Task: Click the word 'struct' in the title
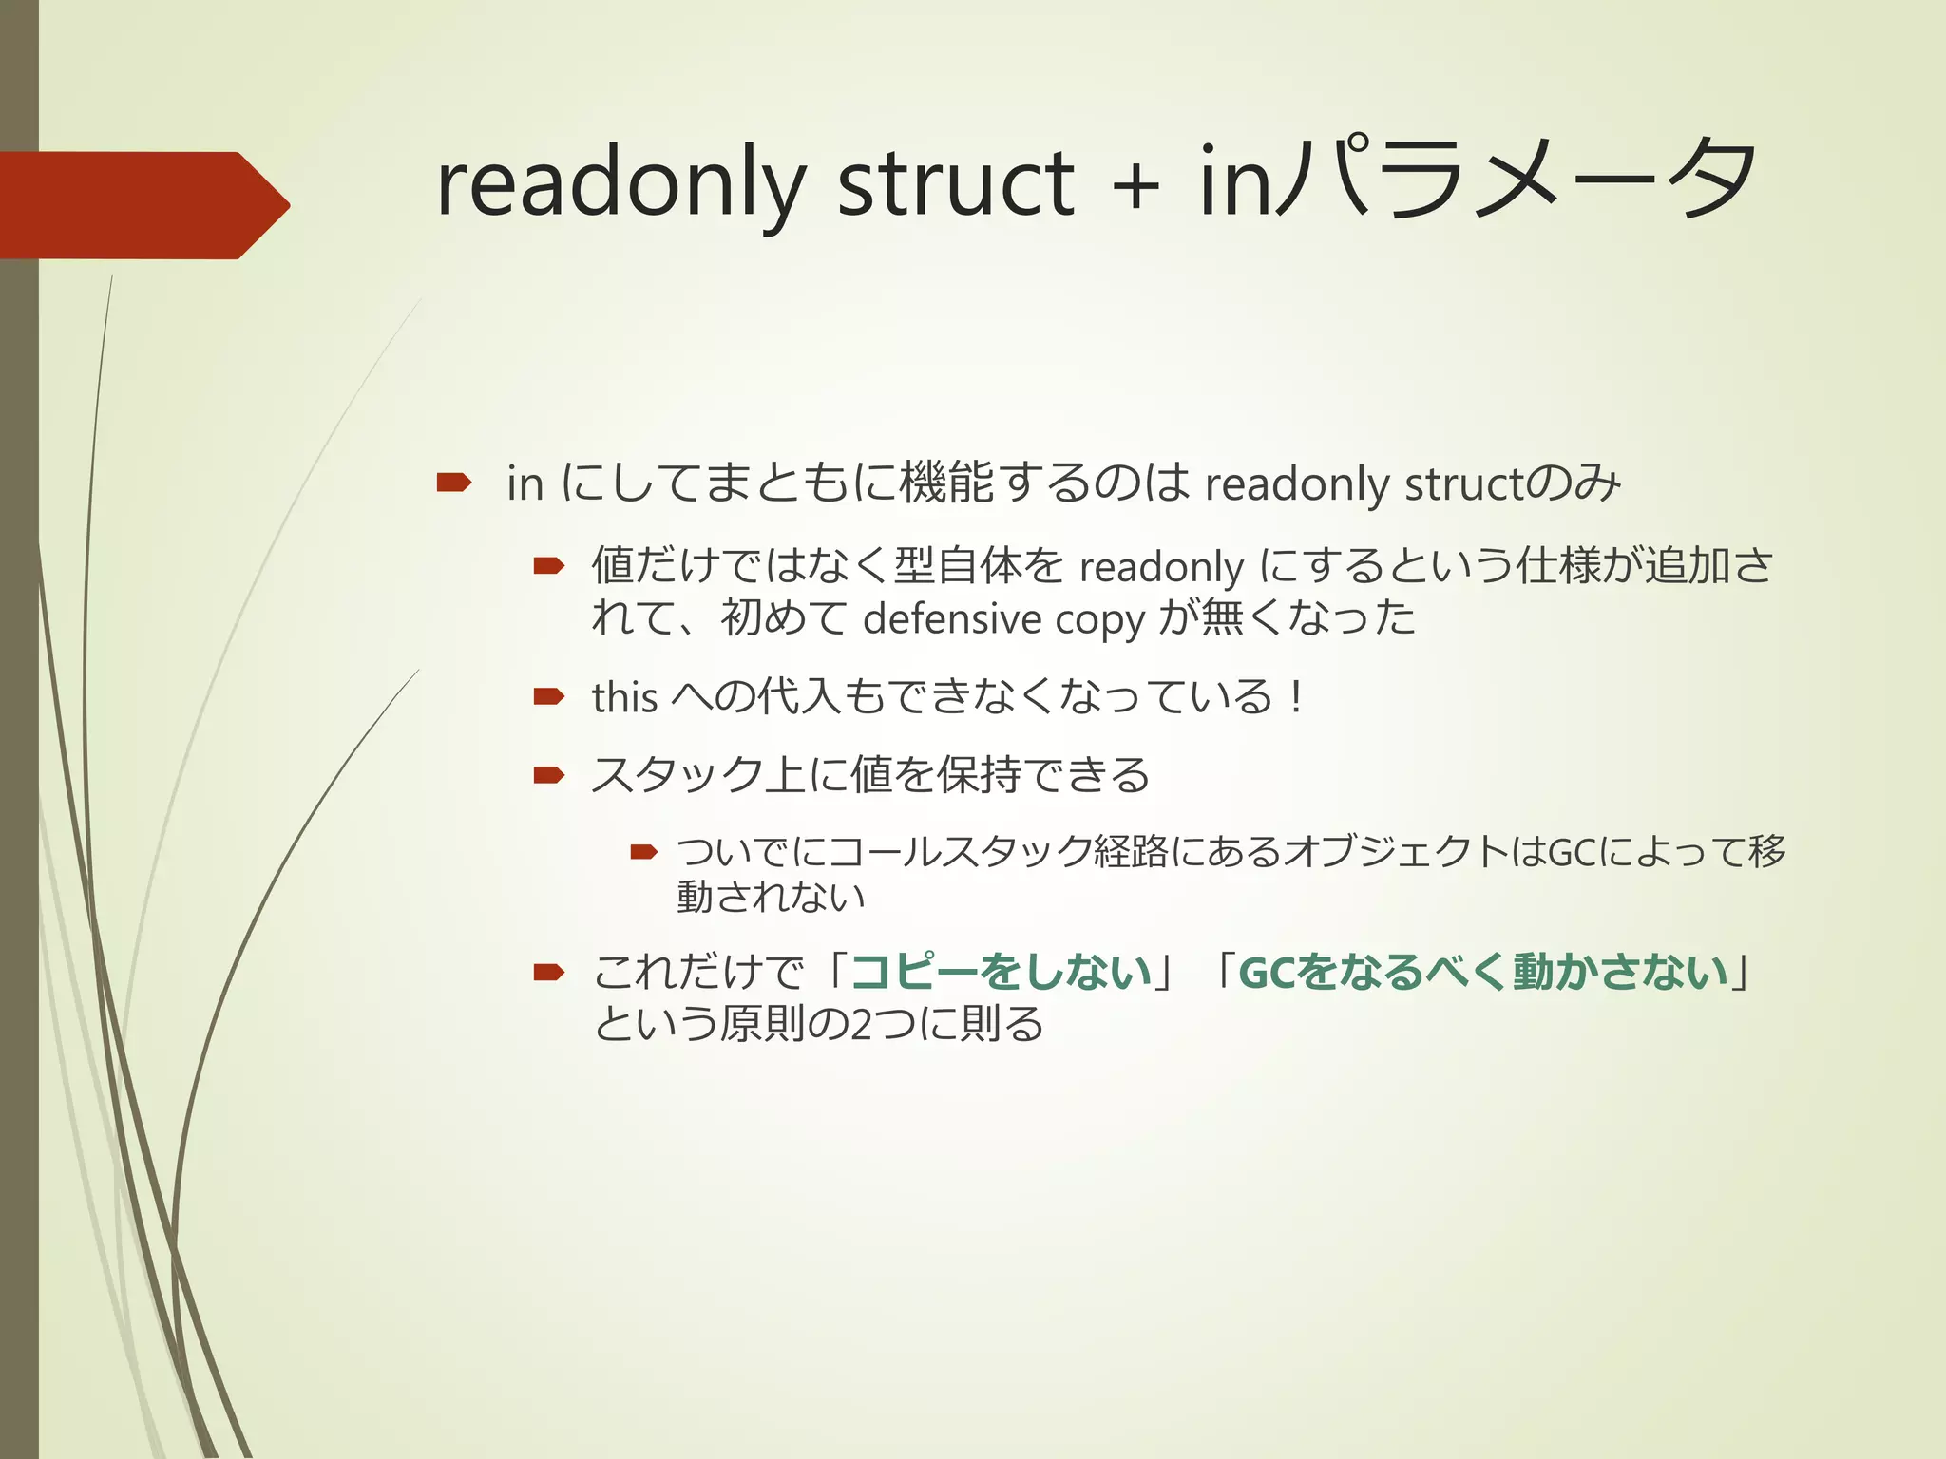click(x=955, y=182)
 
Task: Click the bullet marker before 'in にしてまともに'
click(x=454, y=483)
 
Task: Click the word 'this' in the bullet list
click(x=624, y=697)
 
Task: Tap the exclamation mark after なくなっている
click(x=1296, y=697)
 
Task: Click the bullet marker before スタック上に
click(x=549, y=775)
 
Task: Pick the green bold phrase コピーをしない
click(x=1001, y=972)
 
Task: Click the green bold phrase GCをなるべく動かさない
click(x=1482, y=972)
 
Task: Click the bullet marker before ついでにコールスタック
click(x=644, y=852)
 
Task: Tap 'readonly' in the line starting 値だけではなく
click(x=1161, y=567)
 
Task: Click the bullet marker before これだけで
click(x=549, y=972)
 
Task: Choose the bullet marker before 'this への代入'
click(x=549, y=697)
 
